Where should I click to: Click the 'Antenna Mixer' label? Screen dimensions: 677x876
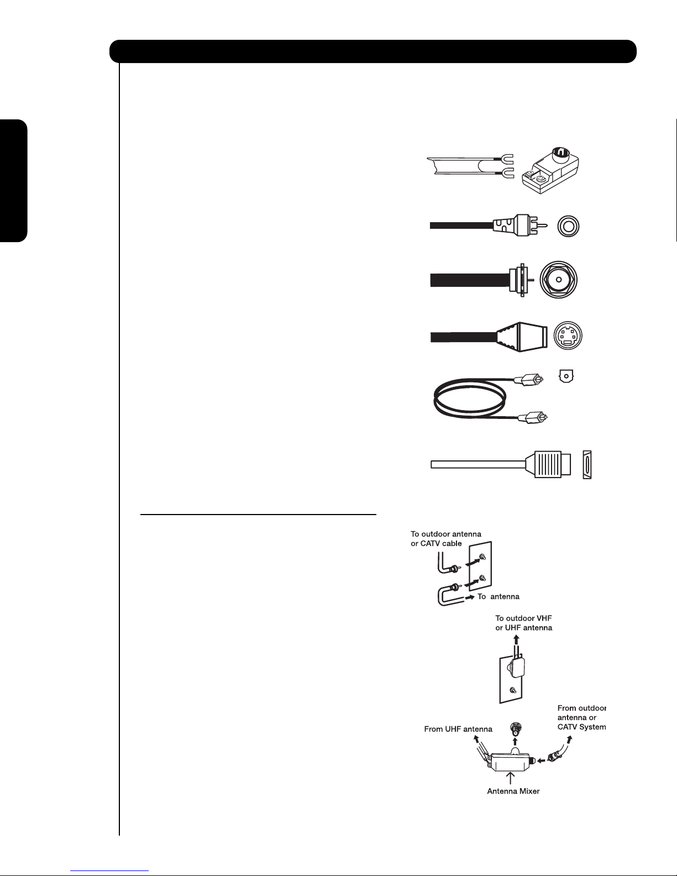513,791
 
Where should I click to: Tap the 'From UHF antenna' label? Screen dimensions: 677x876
458,729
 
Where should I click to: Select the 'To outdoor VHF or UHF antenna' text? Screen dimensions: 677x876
523,623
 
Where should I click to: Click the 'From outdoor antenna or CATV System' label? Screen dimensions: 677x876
581,717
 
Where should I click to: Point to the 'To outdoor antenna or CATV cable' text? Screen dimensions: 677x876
445,538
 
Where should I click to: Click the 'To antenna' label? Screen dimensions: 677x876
498,597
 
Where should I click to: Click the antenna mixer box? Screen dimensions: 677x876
510,761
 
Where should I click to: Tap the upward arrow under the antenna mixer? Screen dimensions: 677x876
510,778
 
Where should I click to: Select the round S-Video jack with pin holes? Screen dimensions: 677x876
568,335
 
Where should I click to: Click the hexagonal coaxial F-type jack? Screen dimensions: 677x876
559,280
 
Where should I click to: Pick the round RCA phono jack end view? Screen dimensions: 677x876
568,226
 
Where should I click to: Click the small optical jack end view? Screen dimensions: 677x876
566,376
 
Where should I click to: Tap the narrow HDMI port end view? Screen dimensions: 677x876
587,464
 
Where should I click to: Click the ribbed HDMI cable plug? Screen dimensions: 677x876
548,464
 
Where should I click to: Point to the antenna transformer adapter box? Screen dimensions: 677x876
550,170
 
